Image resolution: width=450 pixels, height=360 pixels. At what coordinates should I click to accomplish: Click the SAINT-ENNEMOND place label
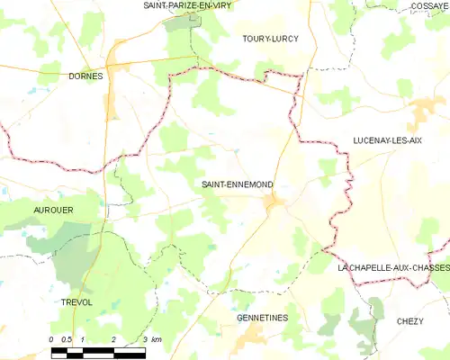(238, 184)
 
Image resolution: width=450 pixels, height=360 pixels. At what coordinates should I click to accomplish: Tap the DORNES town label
(85, 76)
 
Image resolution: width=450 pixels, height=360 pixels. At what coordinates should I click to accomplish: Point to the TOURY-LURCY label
(270, 40)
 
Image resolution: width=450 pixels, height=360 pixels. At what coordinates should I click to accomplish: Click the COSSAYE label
(430, 5)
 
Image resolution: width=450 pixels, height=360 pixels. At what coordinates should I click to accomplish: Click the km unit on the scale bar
(156, 339)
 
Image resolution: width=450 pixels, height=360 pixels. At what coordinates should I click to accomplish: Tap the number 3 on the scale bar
(145, 339)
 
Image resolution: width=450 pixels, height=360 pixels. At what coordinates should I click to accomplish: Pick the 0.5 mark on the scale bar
(67, 339)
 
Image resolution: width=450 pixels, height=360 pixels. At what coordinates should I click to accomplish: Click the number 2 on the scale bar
(113, 339)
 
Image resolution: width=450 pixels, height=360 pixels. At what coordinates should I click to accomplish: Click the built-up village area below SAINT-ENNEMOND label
(274, 207)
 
